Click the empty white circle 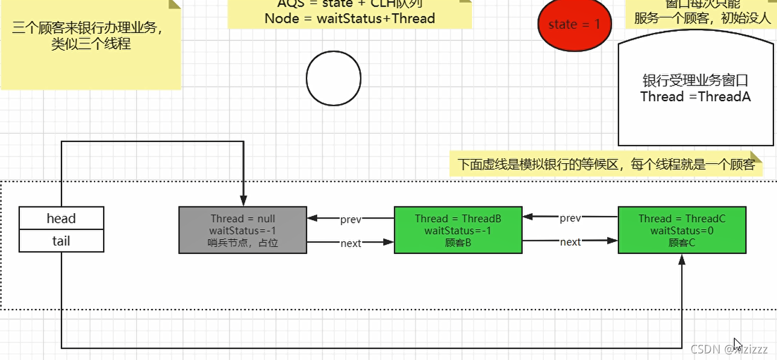[x=333, y=79]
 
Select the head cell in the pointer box [x=61, y=218]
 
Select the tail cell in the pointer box [x=61, y=241]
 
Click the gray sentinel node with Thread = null [x=243, y=230]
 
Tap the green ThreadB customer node [x=458, y=230]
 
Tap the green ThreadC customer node [x=682, y=230]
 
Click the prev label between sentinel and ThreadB [x=351, y=220]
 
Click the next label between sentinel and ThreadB [x=351, y=243]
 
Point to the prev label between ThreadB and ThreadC [x=570, y=218]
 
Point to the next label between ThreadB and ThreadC [x=570, y=242]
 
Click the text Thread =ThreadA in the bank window [x=695, y=97]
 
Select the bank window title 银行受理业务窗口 [x=695, y=81]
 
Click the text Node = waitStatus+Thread [x=350, y=18]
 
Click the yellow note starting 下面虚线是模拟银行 [x=606, y=164]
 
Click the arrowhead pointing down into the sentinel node [x=243, y=201]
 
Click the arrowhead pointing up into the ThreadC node [x=682, y=259]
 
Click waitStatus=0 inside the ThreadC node [x=682, y=231]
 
